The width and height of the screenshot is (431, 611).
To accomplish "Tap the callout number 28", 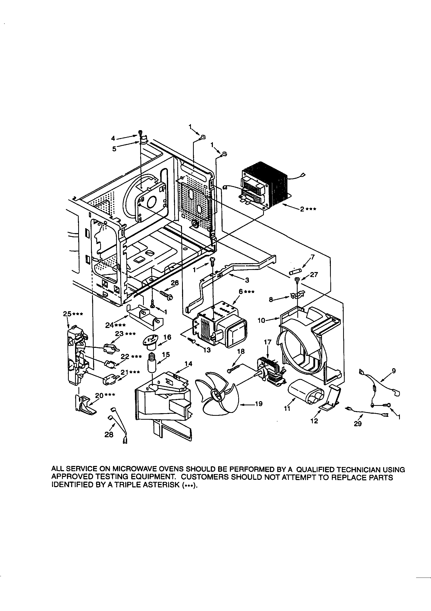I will [109, 435].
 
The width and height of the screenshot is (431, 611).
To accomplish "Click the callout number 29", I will [358, 424].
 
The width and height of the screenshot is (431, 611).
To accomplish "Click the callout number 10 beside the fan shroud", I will [262, 321].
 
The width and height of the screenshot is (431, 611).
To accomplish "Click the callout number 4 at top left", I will [113, 139].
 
